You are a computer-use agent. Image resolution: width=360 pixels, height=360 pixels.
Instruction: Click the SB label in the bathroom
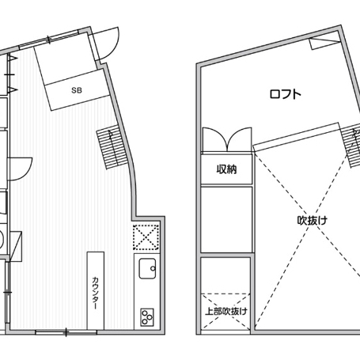[x=77, y=90]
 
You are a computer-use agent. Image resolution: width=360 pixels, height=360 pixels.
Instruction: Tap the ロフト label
[x=286, y=94]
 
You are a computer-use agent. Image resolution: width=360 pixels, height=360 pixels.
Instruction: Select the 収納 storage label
[x=226, y=169]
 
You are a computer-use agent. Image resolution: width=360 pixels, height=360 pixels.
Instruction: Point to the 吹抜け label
[x=313, y=221]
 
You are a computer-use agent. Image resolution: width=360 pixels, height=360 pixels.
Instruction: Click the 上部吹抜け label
[x=226, y=312]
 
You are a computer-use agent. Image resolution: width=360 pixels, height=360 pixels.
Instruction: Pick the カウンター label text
[x=96, y=293]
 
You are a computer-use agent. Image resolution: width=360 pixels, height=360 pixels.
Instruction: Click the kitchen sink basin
[x=147, y=268]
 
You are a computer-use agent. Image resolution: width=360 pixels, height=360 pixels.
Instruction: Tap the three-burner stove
[x=147, y=317]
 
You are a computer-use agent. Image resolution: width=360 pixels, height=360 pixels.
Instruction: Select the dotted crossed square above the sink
[x=146, y=237]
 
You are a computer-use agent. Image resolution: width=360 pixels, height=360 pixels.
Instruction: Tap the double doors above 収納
[x=227, y=139]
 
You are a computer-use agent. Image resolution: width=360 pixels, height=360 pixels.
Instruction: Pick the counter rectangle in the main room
[x=96, y=290]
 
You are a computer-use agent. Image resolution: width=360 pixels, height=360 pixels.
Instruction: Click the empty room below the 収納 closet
[x=226, y=219]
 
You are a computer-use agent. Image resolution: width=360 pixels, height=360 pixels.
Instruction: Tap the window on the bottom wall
[x=66, y=332]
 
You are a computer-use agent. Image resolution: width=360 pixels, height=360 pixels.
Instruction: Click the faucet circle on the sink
[x=153, y=268]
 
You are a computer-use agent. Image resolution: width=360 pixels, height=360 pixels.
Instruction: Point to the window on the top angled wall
[x=49, y=40]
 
